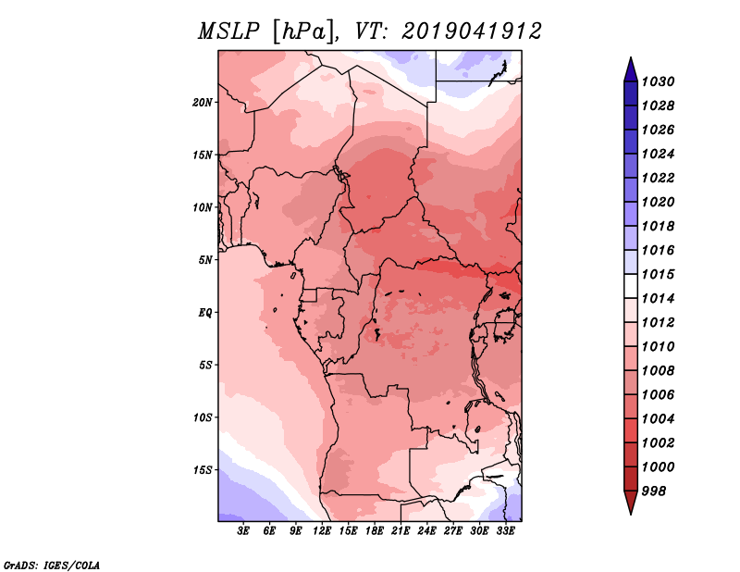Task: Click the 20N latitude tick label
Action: point(203,103)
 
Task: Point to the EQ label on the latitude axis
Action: point(205,313)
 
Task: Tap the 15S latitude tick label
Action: point(203,470)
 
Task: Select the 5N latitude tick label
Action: point(205,260)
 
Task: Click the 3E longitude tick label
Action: point(243,531)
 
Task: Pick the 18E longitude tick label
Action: point(375,531)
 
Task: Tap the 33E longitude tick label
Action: point(505,531)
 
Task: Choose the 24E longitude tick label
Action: point(426,531)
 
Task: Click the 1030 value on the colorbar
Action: point(659,81)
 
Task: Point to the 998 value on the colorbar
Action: point(654,491)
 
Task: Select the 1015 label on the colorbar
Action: point(659,274)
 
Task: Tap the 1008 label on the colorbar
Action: point(659,371)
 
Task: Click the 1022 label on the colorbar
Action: point(659,178)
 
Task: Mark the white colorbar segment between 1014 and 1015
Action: point(631,286)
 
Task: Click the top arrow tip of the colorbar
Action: point(631,57)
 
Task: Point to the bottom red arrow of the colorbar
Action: point(631,502)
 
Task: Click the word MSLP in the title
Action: point(228,32)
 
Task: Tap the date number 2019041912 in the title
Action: point(472,31)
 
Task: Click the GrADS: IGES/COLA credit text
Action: point(52,566)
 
